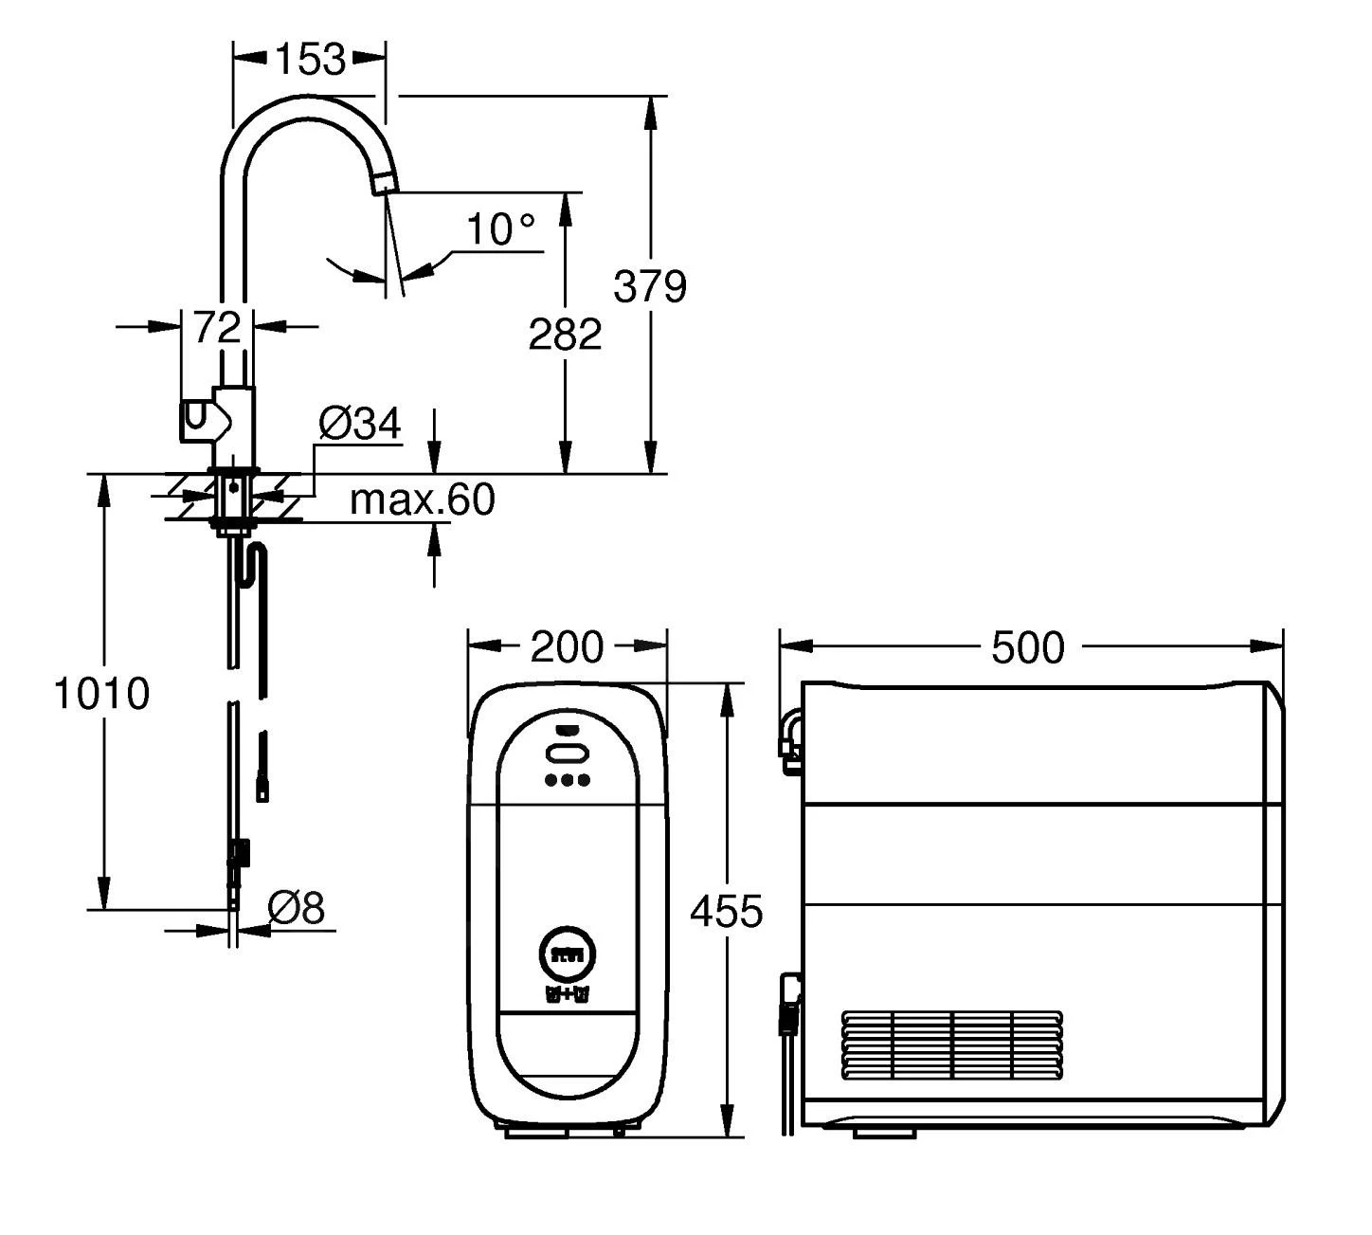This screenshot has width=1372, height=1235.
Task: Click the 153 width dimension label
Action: [x=310, y=59]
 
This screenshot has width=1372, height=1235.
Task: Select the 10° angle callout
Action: [x=499, y=229]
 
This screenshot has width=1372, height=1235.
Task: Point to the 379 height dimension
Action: [x=649, y=285]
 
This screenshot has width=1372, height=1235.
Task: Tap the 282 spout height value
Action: [x=565, y=334]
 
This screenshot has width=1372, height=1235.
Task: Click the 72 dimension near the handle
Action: [x=217, y=327]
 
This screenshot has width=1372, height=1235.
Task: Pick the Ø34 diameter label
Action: [x=359, y=424]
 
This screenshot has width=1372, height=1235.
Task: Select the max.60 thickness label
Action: [x=422, y=499]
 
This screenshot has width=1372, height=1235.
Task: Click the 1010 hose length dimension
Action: [x=100, y=694]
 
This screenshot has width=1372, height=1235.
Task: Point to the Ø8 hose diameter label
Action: [x=296, y=908]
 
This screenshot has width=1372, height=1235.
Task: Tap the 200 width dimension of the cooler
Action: [x=566, y=646]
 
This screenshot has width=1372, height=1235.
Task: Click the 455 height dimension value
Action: [x=726, y=911]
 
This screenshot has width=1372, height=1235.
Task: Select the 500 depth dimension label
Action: [x=1027, y=647]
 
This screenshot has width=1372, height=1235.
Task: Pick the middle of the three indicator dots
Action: [x=567, y=780]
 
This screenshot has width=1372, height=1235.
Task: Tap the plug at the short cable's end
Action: [x=262, y=788]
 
